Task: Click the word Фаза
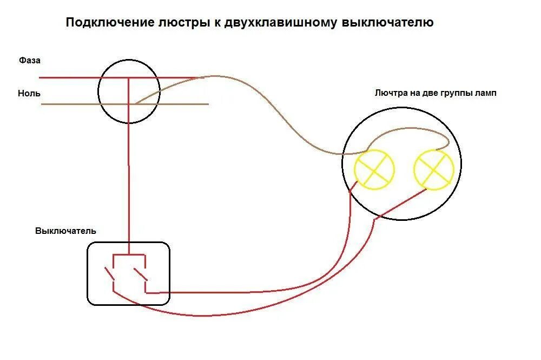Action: (29, 60)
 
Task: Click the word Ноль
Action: (29, 93)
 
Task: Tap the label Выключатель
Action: (65, 231)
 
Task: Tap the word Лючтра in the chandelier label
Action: (390, 93)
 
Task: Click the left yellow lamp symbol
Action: (374, 169)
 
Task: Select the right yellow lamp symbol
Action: (434, 168)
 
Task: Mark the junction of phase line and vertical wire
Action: (129, 77)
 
